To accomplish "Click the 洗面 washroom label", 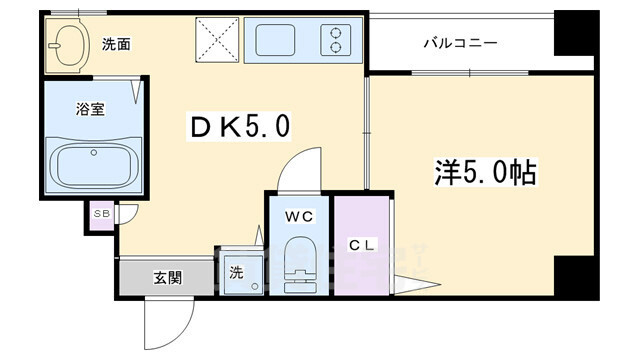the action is pyautogui.click(x=116, y=44).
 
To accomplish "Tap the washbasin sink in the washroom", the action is pyautogui.click(x=69, y=45).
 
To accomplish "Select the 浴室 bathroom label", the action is pyautogui.click(x=90, y=109).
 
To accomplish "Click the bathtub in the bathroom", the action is pyautogui.click(x=94, y=165).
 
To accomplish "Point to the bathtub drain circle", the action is pyautogui.click(x=94, y=153).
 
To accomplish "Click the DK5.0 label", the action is pyautogui.click(x=240, y=126).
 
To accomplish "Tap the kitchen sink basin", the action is pyautogui.click(x=275, y=40).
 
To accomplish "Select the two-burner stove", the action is pyautogui.click(x=336, y=40).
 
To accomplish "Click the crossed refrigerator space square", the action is pyautogui.click(x=217, y=40).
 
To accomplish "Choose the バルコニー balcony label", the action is pyautogui.click(x=460, y=43).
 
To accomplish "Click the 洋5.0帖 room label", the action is pyautogui.click(x=485, y=172).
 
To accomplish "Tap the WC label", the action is pyautogui.click(x=299, y=217).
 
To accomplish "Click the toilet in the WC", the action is pyautogui.click(x=299, y=264).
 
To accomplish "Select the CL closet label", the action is pyautogui.click(x=362, y=245).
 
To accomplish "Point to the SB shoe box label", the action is pyautogui.click(x=102, y=213).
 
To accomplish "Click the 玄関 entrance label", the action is pyautogui.click(x=168, y=278).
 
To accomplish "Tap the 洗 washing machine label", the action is pyautogui.click(x=236, y=272).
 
